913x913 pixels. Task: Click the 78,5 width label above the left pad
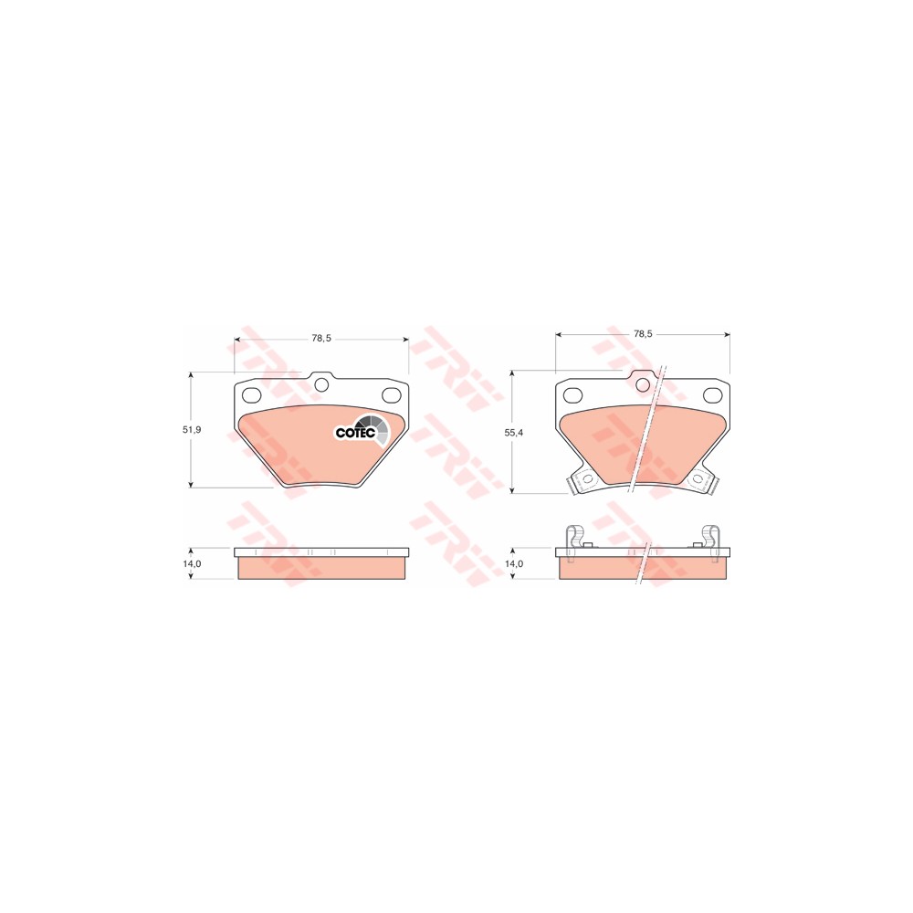pyautogui.click(x=320, y=338)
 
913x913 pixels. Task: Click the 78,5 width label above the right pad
pyautogui.click(x=643, y=334)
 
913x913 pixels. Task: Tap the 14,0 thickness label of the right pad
pyautogui.click(x=515, y=564)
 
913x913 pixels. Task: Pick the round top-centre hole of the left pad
pyautogui.click(x=320, y=384)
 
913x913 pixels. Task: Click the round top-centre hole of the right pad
pyautogui.click(x=643, y=384)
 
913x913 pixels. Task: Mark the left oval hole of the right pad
pyautogui.click(x=572, y=394)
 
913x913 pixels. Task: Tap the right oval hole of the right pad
pyautogui.click(x=714, y=394)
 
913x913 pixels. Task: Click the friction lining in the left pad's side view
pyautogui.click(x=321, y=568)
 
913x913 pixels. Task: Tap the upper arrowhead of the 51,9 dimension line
pyautogui.click(x=190, y=374)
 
